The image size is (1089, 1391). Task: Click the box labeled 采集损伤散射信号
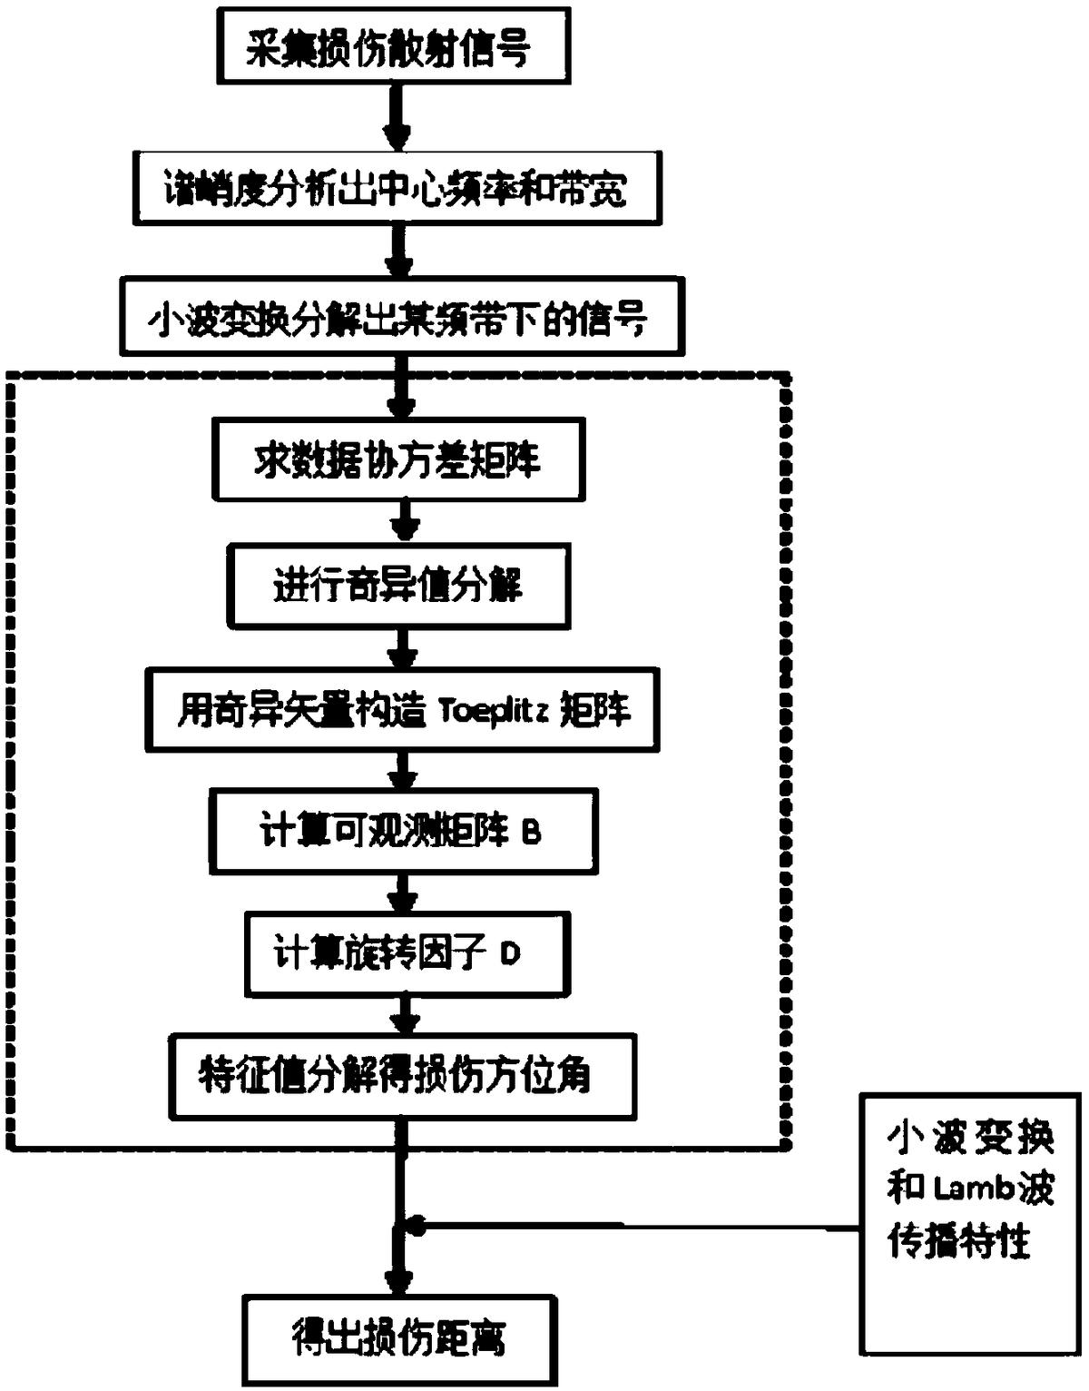click(x=393, y=47)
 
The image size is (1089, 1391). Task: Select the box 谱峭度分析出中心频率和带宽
click(x=397, y=189)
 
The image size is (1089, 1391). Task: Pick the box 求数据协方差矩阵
click(x=397, y=460)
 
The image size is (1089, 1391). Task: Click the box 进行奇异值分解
click(x=398, y=586)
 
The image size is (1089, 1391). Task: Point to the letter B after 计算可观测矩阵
click(x=531, y=832)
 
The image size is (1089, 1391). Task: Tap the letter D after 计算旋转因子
click(x=510, y=954)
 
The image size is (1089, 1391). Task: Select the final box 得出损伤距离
click(x=399, y=1337)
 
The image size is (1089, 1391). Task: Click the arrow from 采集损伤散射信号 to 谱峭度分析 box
click(x=397, y=118)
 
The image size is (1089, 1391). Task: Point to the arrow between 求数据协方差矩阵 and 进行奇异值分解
click(x=404, y=523)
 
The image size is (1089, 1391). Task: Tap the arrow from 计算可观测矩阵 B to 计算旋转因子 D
click(x=403, y=894)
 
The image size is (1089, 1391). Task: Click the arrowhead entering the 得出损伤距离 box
click(x=399, y=1282)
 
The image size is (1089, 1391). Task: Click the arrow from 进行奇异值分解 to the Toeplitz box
click(x=404, y=649)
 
